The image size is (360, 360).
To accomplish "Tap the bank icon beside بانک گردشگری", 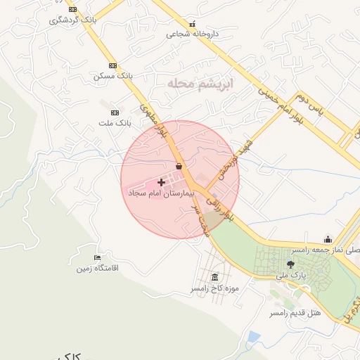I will (72, 10).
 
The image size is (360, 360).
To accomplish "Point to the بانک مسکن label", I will (112, 75).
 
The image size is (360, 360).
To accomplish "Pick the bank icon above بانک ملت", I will (115, 112).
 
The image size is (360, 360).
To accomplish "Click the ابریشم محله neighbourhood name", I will (199, 83).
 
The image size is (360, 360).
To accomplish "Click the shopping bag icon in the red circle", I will (179, 167).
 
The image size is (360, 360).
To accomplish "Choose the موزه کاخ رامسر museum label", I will (214, 288).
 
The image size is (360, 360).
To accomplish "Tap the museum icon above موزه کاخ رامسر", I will (214, 277).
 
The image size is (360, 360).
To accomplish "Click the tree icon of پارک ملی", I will (290, 264).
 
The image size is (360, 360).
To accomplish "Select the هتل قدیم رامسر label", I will (295, 311).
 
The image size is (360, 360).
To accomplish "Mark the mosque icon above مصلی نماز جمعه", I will (327, 238).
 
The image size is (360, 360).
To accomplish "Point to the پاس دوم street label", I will (310, 104).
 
